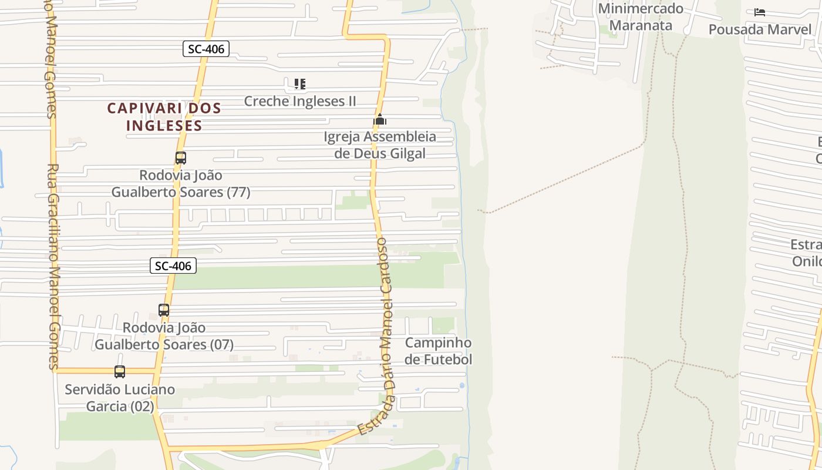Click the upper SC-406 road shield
[206, 49]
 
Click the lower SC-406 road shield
[173, 266]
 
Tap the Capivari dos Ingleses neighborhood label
[164, 116]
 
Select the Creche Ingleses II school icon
[300, 84]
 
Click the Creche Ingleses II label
[300, 101]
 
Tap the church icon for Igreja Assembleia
[380, 120]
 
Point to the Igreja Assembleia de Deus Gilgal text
[380, 145]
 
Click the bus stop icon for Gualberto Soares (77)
[181, 158]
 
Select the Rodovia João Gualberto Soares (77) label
[181, 183]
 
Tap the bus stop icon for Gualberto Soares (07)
[164, 310]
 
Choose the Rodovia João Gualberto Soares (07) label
[164, 336]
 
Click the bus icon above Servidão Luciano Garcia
[120, 372]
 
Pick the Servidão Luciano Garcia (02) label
[120, 398]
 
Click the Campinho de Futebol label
[439, 351]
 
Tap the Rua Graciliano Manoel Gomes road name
[53, 264]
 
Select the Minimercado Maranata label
[641, 17]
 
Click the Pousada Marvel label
[760, 29]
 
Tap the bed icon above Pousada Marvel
[760, 12]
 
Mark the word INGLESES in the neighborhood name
[164, 125]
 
